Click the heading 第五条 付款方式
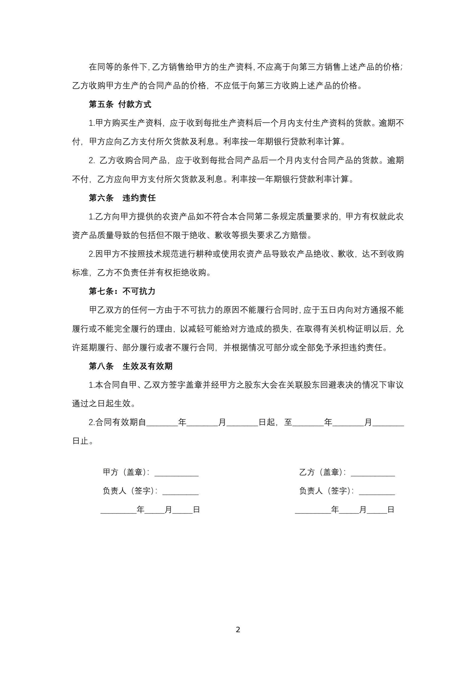point(120,104)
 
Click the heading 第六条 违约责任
point(122,198)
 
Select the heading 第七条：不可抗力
point(122,291)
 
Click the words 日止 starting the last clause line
point(81,441)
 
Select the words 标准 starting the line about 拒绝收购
point(80,273)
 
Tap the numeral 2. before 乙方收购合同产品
point(92,160)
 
